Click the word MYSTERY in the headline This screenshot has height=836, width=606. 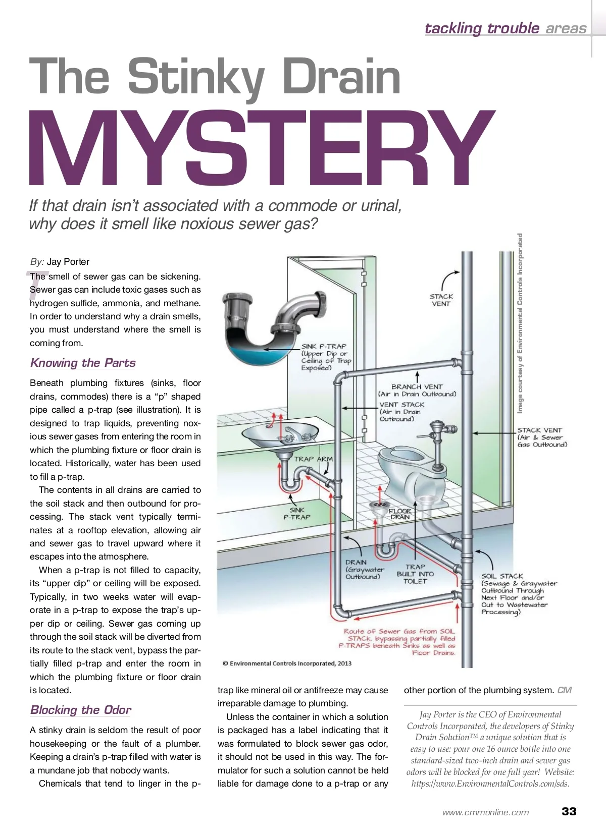click(x=262, y=147)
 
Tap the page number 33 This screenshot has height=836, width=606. click(x=569, y=811)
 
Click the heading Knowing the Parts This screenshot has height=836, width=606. click(x=83, y=363)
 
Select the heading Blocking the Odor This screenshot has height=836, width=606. click(x=80, y=710)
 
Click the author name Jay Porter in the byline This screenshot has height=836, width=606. click(x=68, y=262)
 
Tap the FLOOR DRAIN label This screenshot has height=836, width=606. click(x=400, y=514)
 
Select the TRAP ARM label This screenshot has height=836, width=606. click(x=313, y=459)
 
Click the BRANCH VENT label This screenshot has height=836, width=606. click(x=417, y=387)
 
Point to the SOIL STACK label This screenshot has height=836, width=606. click(x=502, y=576)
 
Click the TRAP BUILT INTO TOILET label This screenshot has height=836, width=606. click(x=415, y=574)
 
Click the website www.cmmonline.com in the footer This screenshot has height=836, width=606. click(x=485, y=812)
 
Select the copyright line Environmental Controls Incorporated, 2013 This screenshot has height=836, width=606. click(x=287, y=663)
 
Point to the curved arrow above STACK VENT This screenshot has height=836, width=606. click(x=448, y=279)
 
